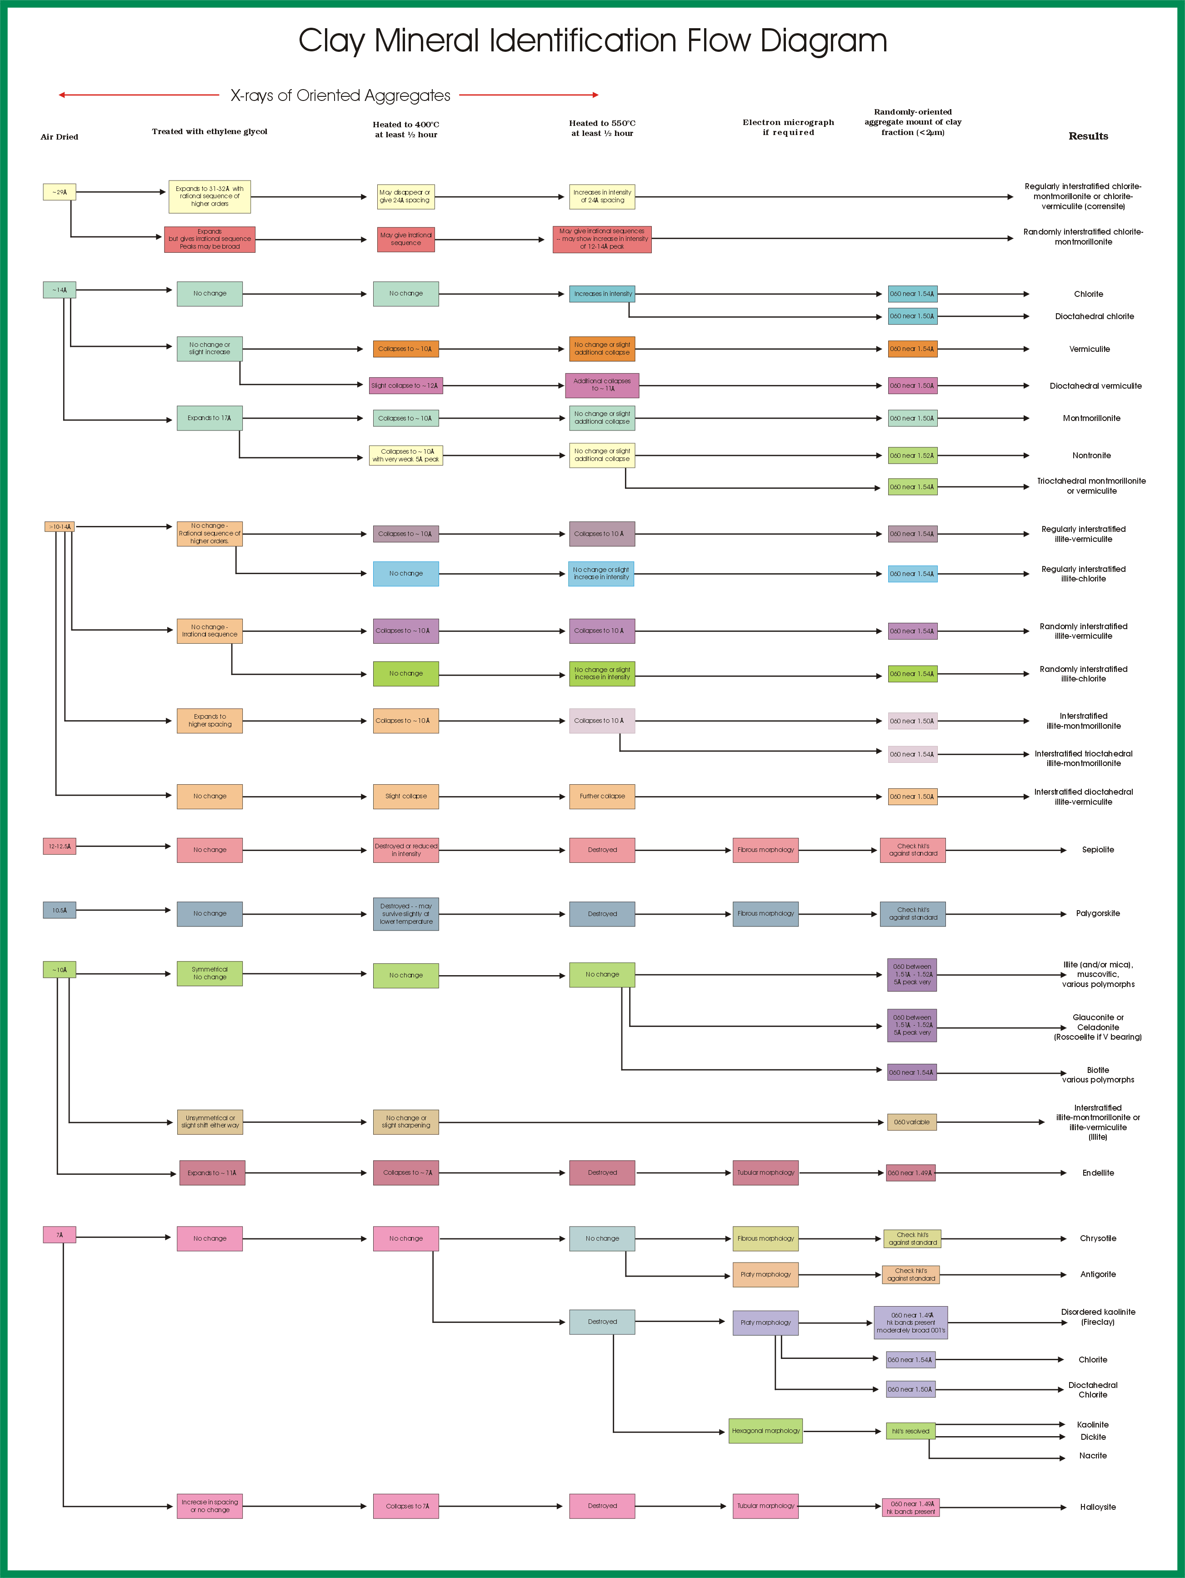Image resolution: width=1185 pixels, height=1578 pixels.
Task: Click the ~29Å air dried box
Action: coord(59,192)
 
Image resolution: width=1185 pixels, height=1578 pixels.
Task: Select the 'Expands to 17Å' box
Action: coord(209,418)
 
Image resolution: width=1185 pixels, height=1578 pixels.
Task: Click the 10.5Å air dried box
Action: coord(59,910)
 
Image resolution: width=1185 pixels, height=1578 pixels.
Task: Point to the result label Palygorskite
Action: coord(1097,914)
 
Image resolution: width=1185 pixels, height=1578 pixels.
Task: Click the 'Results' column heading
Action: coord(1088,136)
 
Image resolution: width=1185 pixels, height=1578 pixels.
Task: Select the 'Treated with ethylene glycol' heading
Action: coord(209,131)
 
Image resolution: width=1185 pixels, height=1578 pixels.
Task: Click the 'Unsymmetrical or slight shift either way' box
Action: coord(210,1122)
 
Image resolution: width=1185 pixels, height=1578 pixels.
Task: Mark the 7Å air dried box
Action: coord(59,1235)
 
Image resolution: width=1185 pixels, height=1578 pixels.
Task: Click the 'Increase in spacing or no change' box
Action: coord(209,1506)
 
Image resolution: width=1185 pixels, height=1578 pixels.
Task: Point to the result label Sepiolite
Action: coord(1097,850)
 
